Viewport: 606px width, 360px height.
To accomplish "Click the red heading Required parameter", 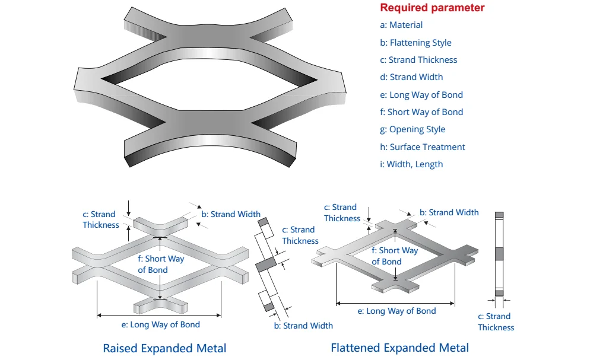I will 432,8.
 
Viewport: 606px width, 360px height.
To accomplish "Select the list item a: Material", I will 401,25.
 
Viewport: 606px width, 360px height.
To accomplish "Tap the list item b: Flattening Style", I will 415,43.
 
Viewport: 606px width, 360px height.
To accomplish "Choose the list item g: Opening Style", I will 413,129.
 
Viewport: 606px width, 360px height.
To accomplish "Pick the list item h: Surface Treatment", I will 423,147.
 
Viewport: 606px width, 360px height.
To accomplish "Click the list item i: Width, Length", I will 411,164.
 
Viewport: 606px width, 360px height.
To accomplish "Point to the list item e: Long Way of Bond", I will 421,95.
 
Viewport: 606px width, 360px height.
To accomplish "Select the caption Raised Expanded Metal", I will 164,348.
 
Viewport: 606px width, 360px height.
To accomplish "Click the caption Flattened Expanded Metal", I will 399,348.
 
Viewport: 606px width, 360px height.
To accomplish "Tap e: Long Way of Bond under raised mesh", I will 160,324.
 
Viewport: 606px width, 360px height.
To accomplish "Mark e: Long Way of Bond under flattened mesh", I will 396,311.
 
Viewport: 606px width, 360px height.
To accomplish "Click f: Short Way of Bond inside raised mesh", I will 161,265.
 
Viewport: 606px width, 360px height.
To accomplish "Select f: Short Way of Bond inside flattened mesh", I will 395,256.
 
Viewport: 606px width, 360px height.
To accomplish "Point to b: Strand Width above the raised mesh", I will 231,214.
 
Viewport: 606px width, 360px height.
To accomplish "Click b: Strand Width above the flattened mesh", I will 449,212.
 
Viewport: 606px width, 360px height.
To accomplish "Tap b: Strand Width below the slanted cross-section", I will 303,326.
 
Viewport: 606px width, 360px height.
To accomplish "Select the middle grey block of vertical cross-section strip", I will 499,253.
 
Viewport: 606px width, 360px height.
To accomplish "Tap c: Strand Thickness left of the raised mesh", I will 100,219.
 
